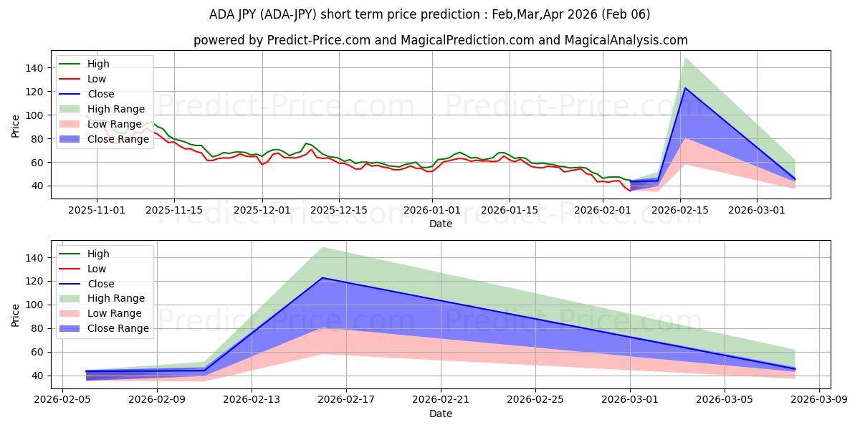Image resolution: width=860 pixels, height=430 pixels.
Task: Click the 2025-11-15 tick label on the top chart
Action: point(174,210)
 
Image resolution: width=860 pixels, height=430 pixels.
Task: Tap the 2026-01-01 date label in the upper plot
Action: point(432,210)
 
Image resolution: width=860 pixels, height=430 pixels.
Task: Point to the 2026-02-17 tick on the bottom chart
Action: point(346,400)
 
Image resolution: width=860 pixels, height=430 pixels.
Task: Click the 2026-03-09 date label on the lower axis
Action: point(819,400)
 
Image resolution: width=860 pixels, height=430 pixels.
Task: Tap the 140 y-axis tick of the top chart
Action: point(37,68)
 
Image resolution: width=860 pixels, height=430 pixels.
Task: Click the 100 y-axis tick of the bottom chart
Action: point(37,305)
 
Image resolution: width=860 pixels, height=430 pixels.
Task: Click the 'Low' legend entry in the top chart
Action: point(96,79)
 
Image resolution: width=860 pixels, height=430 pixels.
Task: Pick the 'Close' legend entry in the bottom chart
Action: point(100,284)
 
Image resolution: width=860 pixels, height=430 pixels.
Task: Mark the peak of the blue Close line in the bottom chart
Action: point(322,278)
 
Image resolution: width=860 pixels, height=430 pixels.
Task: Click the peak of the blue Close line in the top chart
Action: point(685,88)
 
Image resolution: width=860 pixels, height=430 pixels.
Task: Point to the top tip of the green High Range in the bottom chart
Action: point(322,247)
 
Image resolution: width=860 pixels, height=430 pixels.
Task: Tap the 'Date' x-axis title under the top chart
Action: point(440,224)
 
